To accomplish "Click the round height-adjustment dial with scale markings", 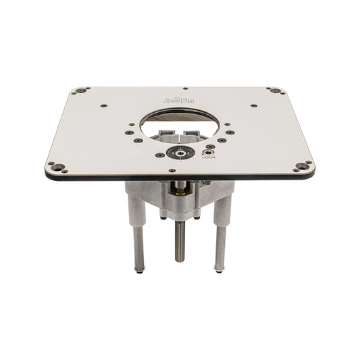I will pyautogui.click(x=177, y=153).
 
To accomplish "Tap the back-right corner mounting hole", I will pyautogui.click(x=275, y=91).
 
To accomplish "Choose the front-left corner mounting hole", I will pyautogui.click(x=58, y=167).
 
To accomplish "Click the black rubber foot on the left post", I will pyautogui.click(x=139, y=272).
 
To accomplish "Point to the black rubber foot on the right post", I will pyautogui.click(x=219, y=272).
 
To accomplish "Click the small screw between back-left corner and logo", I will pyautogui.click(x=103, y=105).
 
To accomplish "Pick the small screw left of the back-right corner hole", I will pyautogui.click(x=253, y=105).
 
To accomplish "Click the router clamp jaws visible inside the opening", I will pyautogui.click(x=181, y=132).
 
